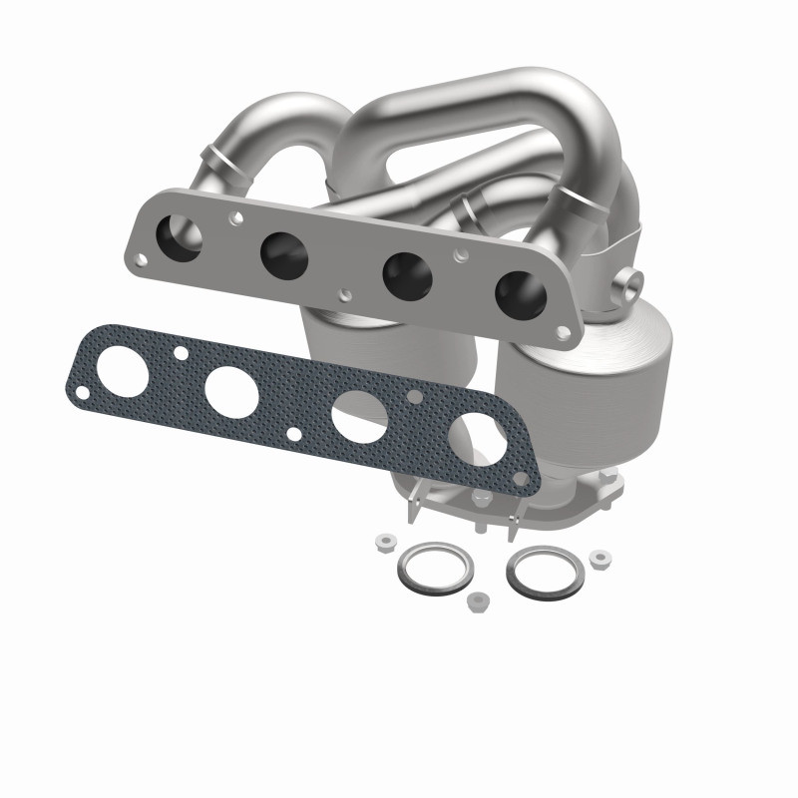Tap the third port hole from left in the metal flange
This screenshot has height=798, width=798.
pyautogui.click(x=405, y=272)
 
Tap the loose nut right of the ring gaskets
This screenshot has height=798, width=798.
pyautogui.click(x=599, y=558)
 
